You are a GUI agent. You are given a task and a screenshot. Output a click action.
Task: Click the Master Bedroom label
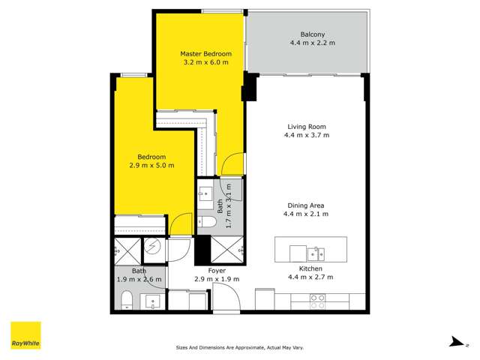205,54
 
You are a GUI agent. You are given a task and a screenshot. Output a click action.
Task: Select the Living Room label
307,127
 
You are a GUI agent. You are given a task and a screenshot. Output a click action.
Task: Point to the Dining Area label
307,205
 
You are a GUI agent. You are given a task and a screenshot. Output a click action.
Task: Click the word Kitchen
310,268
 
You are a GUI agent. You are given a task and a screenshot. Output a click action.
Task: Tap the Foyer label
217,270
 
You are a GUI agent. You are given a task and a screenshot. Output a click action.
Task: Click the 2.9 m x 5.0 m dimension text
152,165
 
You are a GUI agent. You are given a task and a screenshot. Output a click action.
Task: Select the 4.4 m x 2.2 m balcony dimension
312,43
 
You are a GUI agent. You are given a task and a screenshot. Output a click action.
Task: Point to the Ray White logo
25,336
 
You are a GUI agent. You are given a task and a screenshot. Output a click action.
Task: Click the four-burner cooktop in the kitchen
318,301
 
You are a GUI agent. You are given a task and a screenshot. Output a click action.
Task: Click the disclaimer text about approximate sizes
239,347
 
